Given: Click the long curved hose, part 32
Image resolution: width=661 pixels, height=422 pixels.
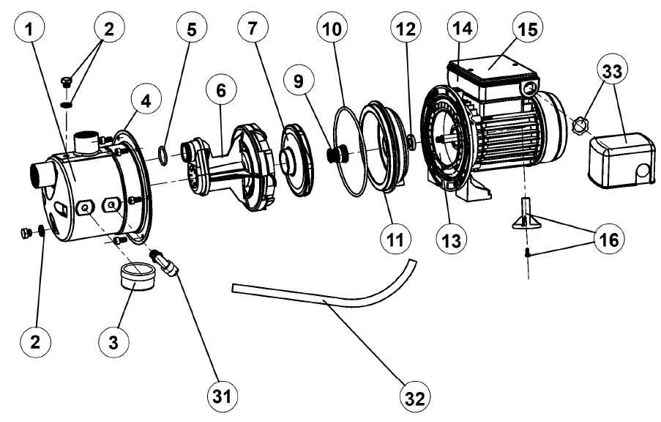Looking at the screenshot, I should tap(322, 297).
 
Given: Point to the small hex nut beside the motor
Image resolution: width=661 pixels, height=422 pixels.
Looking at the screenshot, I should tap(579, 126).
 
